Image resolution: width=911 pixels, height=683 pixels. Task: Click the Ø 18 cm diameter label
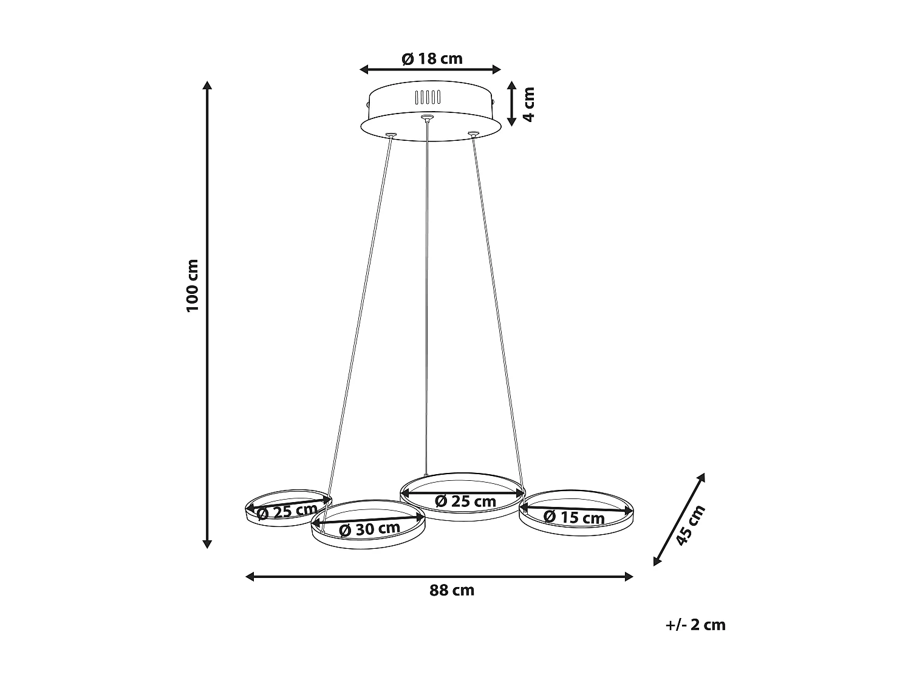click(432, 58)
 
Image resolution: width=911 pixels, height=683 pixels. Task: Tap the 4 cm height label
click(528, 104)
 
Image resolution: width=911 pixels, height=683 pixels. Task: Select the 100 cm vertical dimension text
click(192, 285)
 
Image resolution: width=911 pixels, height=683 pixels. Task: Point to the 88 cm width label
click(452, 590)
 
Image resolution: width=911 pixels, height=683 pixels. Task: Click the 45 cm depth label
click(691, 525)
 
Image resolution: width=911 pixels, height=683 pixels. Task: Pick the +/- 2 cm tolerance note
click(695, 625)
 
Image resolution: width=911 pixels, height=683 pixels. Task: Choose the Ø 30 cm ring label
click(369, 529)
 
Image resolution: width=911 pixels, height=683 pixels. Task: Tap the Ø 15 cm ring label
click(574, 517)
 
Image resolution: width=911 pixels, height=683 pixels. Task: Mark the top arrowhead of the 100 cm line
click(208, 86)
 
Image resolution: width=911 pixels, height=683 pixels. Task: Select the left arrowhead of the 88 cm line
click(250, 577)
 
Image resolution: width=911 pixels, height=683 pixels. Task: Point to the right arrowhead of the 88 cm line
click(629, 577)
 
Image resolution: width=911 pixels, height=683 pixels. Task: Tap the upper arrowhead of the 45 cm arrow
click(701, 478)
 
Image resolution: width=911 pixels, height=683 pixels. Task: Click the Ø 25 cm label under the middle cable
click(466, 501)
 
